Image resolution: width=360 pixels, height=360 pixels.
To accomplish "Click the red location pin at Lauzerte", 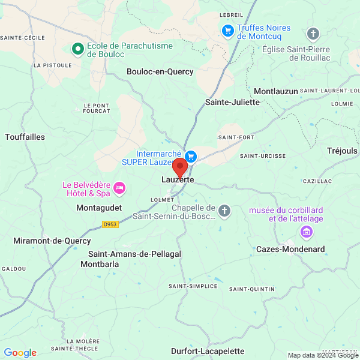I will (x=179, y=168).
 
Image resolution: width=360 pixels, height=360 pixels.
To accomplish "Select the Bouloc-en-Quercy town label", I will (x=160, y=72).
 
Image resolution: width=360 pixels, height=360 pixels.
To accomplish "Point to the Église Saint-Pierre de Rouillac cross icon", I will (x=313, y=34).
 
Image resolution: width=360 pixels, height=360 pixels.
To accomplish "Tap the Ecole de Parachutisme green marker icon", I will (x=77, y=49).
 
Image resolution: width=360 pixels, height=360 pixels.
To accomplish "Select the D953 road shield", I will (x=110, y=224).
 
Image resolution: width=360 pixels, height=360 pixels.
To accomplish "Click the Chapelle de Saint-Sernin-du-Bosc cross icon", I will (x=224, y=211).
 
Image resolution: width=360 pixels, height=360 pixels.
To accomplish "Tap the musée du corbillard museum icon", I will (x=307, y=232).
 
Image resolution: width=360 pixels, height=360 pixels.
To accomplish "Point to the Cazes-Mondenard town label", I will (x=290, y=249).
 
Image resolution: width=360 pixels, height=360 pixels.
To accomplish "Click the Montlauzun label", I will (x=276, y=91).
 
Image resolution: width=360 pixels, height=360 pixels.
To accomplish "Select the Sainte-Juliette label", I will (x=233, y=102).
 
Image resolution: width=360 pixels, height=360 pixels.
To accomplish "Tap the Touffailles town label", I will (x=25, y=137).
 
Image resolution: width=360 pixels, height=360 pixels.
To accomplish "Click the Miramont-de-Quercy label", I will (x=52, y=241).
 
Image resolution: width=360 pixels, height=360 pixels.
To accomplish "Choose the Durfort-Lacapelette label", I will (x=208, y=351).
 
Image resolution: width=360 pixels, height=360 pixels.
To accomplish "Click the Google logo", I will (x=20, y=353).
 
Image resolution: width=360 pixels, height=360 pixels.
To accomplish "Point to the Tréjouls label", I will (x=342, y=151).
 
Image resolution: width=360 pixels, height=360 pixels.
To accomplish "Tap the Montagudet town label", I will (x=99, y=208).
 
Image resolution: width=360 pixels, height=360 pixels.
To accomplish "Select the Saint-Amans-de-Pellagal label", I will (x=134, y=254).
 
